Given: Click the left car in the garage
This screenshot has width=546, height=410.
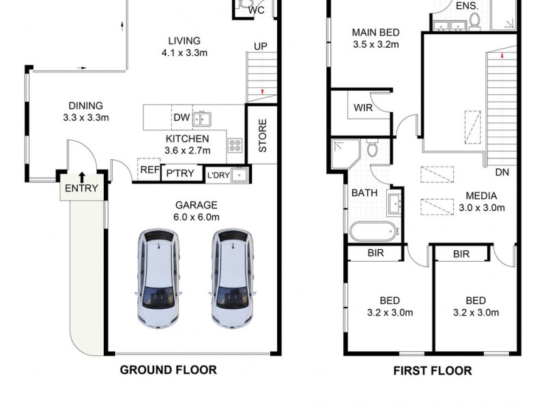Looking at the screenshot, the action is [159, 279].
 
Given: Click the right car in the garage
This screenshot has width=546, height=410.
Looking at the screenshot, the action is [233, 279].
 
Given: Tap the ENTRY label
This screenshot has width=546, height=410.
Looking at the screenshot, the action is [81, 189].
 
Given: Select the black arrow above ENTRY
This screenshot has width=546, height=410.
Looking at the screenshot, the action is [82, 177].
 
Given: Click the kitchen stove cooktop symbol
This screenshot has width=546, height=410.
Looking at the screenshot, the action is [235, 146].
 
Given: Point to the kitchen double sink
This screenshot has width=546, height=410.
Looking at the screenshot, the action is [202, 119].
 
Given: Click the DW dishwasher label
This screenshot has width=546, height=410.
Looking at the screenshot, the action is [182, 118].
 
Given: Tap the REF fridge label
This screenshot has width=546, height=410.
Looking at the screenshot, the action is [149, 169].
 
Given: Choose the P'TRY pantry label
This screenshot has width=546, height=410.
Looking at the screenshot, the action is [180, 174].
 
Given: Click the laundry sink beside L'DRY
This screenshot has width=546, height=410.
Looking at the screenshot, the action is [240, 175].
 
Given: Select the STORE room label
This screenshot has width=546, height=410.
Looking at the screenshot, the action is [263, 135].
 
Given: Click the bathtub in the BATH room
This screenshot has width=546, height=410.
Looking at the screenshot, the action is [374, 232].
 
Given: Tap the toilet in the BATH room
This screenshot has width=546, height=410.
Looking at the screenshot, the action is [372, 148].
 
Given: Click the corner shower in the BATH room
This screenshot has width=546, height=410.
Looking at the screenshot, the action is [345, 154].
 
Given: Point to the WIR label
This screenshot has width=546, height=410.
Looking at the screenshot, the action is [363, 108].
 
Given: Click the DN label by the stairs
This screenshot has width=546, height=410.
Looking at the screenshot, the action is [502, 172].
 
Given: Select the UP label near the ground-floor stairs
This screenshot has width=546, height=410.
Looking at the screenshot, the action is [261, 46].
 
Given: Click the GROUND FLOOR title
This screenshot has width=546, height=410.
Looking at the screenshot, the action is [168, 370].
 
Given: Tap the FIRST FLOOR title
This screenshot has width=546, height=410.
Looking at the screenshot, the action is [433, 370].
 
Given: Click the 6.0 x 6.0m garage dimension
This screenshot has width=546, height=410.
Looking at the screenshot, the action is [197, 217].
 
